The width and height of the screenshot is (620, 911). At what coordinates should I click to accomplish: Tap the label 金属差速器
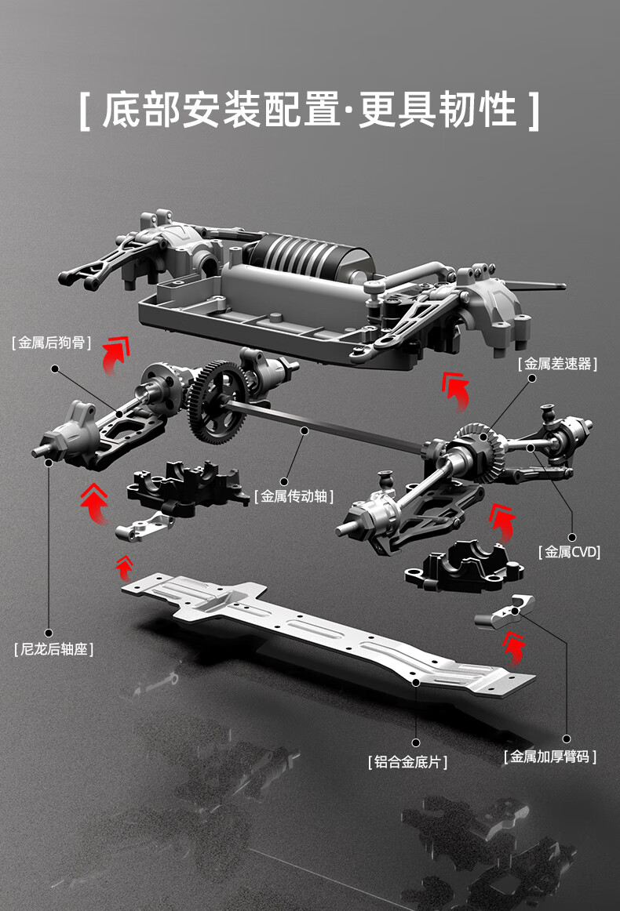pos(557,364)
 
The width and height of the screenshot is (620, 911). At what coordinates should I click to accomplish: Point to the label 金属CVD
pos(569,552)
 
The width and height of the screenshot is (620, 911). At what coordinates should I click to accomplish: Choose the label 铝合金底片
pos(407,761)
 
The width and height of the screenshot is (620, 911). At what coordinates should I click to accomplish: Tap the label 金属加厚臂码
pos(549,757)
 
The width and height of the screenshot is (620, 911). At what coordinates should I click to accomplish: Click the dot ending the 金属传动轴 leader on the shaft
pos(305,430)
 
